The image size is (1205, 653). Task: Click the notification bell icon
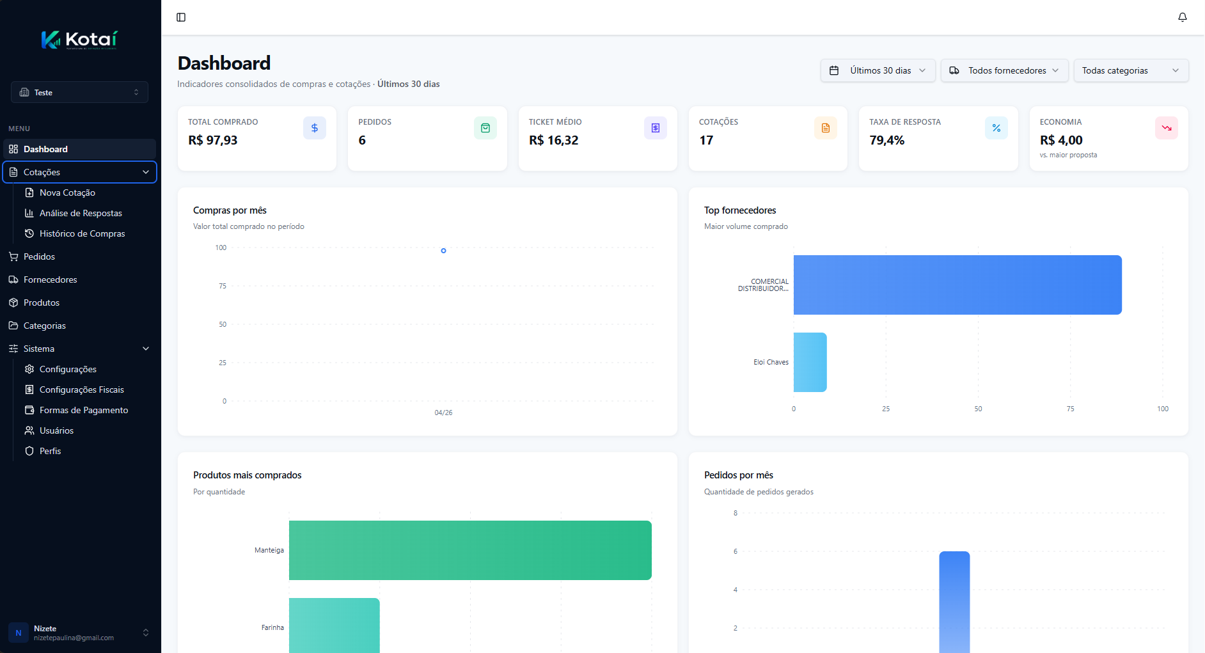pos(1182,17)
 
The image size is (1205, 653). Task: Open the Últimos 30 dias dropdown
pos(878,70)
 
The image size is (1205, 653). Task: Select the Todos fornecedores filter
pos(1004,70)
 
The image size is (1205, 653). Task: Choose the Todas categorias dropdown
pos(1130,70)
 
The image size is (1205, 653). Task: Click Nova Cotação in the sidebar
pos(67,193)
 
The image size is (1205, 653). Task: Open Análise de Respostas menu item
pos(81,213)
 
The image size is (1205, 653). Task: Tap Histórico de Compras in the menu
pos(82,233)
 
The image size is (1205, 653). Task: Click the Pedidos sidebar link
pos(39,256)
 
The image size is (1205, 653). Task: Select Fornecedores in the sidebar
pos(50,279)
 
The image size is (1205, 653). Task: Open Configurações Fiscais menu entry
pos(81,389)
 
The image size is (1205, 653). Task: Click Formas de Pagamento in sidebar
pos(83,410)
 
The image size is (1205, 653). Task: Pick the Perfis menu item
pos(50,451)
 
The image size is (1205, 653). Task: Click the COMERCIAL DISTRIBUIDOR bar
pos(957,285)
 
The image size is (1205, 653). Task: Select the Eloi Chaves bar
pos(810,362)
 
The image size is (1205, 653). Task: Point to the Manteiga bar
pos(470,550)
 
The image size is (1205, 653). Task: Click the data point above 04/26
pos(443,251)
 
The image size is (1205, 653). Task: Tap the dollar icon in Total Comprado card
pos(314,128)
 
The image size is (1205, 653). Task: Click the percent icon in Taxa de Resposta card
pos(996,128)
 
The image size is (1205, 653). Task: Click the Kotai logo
pos(79,40)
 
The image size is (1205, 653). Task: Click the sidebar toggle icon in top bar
pos(181,17)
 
